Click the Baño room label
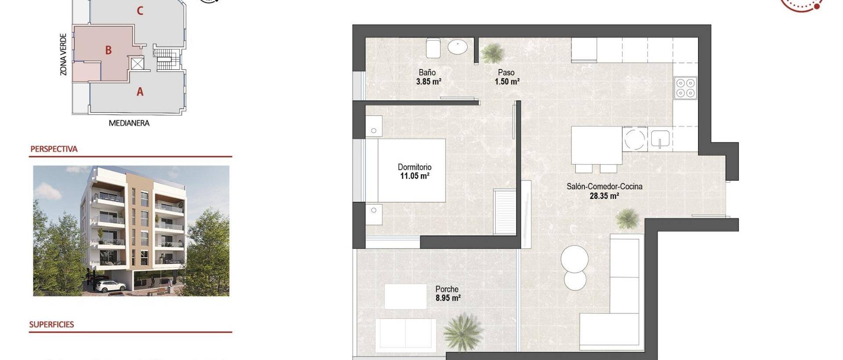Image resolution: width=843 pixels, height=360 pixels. click(427, 72)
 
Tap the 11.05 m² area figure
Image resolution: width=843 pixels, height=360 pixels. click(414, 176)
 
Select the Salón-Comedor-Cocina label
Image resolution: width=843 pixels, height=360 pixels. click(604, 187)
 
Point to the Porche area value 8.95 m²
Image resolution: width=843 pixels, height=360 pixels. click(448, 299)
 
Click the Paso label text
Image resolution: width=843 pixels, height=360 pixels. click(506, 72)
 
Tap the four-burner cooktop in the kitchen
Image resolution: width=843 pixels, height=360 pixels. click(685, 88)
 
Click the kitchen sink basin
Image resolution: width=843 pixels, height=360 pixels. click(659, 139)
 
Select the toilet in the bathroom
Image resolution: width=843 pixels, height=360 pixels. click(433, 47)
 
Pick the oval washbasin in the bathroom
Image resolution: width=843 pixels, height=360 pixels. click(458, 47)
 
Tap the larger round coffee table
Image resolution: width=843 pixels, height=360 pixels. click(574, 259)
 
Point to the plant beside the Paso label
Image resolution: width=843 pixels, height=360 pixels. click(491, 53)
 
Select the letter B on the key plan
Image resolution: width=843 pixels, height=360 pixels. click(108, 50)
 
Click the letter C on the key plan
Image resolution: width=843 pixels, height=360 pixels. click(140, 11)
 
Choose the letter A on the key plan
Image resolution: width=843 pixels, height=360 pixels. click(140, 92)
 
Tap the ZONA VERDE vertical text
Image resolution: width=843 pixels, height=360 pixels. click(64, 54)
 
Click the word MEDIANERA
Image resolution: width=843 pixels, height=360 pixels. click(129, 123)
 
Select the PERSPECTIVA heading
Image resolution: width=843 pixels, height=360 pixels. click(54, 149)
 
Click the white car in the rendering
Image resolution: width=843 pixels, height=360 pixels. click(107, 286)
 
